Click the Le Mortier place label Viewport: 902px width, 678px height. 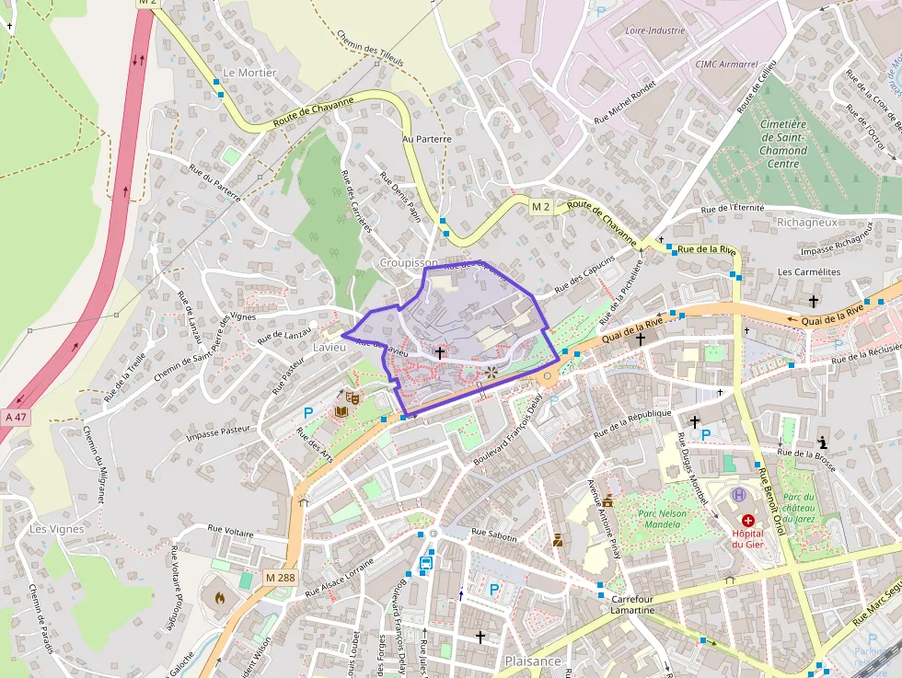(x=249, y=73)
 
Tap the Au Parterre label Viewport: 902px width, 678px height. (x=426, y=139)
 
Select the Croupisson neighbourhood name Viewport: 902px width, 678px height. (x=410, y=262)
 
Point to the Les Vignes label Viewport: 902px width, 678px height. (x=56, y=529)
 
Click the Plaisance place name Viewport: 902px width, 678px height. (x=532, y=661)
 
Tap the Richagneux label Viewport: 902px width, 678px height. (x=806, y=223)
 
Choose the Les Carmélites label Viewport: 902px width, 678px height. (x=809, y=272)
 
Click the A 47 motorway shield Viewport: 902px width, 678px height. (x=16, y=417)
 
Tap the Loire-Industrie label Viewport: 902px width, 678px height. (x=656, y=30)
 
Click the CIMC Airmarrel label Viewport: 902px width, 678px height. (x=726, y=63)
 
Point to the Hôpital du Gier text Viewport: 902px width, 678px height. (x=748, y=538)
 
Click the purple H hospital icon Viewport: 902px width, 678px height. (x=738, y=495)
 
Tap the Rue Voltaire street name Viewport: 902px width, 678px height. (x=230, y=529)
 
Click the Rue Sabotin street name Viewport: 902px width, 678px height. (x=493, y=534)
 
